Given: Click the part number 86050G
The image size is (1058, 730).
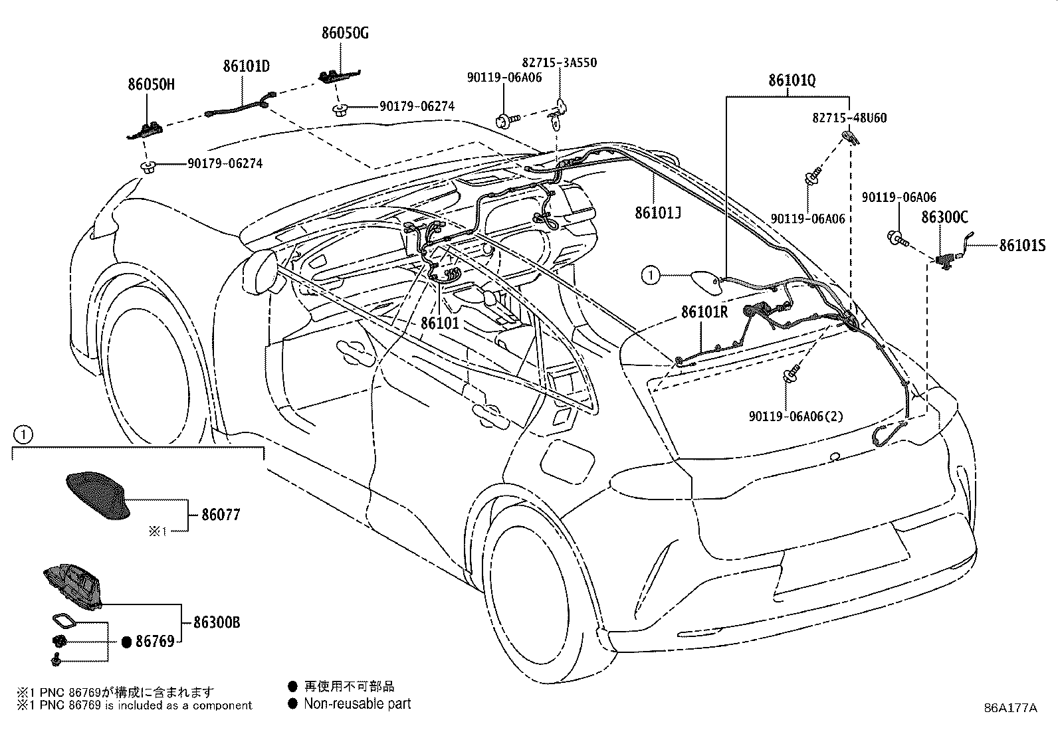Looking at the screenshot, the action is (x=345, y=33).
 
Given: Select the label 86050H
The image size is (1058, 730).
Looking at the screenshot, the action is (x=151, y=84).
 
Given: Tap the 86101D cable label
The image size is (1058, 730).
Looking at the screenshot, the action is (x=247, y=66).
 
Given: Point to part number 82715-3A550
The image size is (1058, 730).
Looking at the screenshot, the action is (x=559, y=63).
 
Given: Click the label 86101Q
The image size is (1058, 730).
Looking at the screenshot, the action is (x=792, y=81).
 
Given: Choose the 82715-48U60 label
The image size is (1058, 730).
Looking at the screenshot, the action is (x=849, y=118).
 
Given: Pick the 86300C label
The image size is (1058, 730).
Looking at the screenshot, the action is (x=944, y=217).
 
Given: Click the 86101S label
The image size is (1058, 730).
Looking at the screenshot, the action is (x=1022, y=246).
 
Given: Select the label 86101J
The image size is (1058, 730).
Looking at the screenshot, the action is (x=658, y=213).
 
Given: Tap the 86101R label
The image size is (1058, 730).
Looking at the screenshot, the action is (x=704, y=312).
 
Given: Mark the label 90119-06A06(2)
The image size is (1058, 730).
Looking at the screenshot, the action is (x=796, y=416).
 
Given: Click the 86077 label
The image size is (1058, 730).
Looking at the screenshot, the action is (x=221, y=514).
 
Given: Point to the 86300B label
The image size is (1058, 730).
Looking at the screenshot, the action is (x=217, y=622).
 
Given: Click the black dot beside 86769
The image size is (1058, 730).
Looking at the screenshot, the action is (x=126, y=642).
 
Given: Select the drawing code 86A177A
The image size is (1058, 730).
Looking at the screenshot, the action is (x=1010, y=708).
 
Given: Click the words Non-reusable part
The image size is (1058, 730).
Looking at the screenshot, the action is (x=357, y=704).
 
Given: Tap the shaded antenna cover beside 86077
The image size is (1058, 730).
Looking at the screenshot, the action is (x=98, y=496).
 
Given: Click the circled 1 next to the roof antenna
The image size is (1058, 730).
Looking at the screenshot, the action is (x=651, y=275).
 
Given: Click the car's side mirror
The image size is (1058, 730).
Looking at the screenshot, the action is (x=260, y=272).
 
